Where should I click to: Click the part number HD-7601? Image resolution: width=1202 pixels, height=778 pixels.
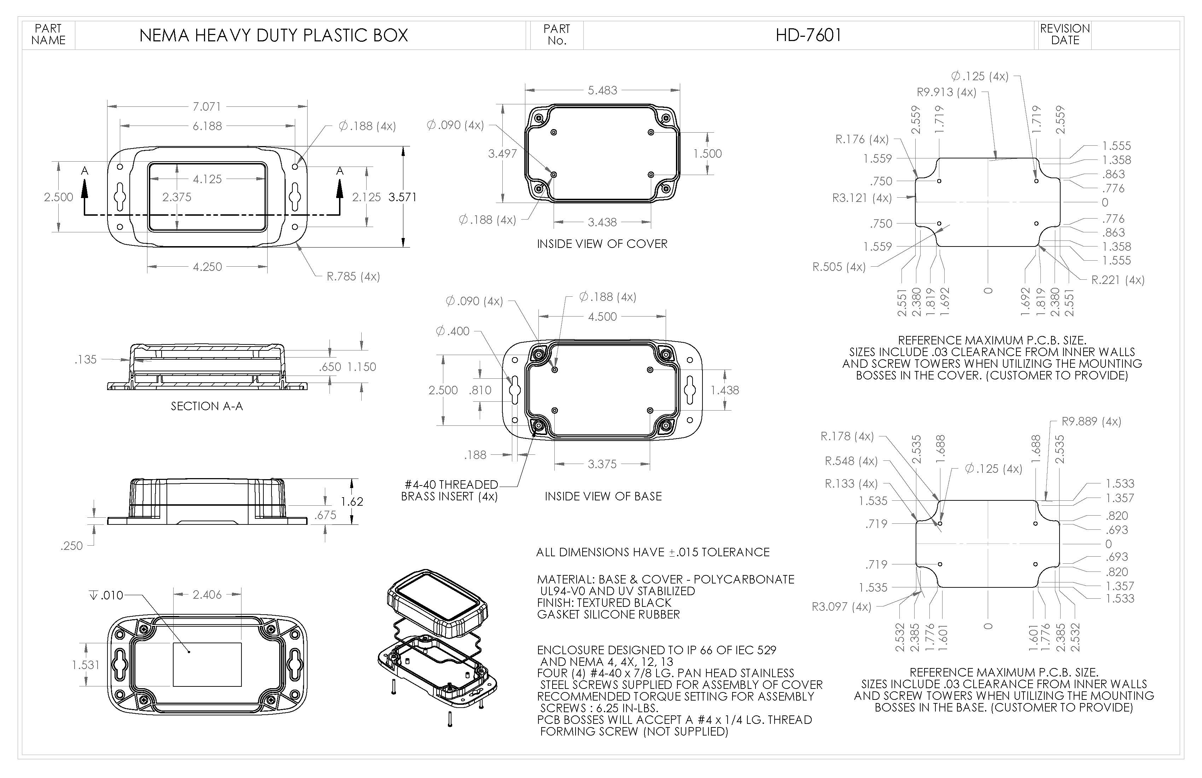point(809,35)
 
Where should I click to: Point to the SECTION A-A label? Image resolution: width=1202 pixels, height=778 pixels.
point(206,406)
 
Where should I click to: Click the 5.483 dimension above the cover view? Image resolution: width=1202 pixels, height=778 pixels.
point(602,91)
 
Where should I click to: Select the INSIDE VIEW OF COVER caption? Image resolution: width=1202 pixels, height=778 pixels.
point(602,244)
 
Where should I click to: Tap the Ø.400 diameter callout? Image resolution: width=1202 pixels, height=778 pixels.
point(453,331)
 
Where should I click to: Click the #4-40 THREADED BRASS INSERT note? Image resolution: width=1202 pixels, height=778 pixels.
point(449,490)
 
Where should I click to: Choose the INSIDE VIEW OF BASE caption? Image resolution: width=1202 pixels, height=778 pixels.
point(603,497)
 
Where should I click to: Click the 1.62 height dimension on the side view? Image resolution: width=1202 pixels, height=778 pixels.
point(351,502)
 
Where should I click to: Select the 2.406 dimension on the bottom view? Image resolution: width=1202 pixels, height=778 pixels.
point(207,594)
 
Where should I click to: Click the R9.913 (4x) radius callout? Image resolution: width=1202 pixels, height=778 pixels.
point(946,92)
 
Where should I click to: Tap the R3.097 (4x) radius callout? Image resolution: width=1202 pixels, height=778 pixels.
point(841,607)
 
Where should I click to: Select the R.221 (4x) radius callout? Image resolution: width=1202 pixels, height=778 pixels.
point(1118,280)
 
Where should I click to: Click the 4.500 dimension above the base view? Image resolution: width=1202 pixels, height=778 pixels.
point(602,317)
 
